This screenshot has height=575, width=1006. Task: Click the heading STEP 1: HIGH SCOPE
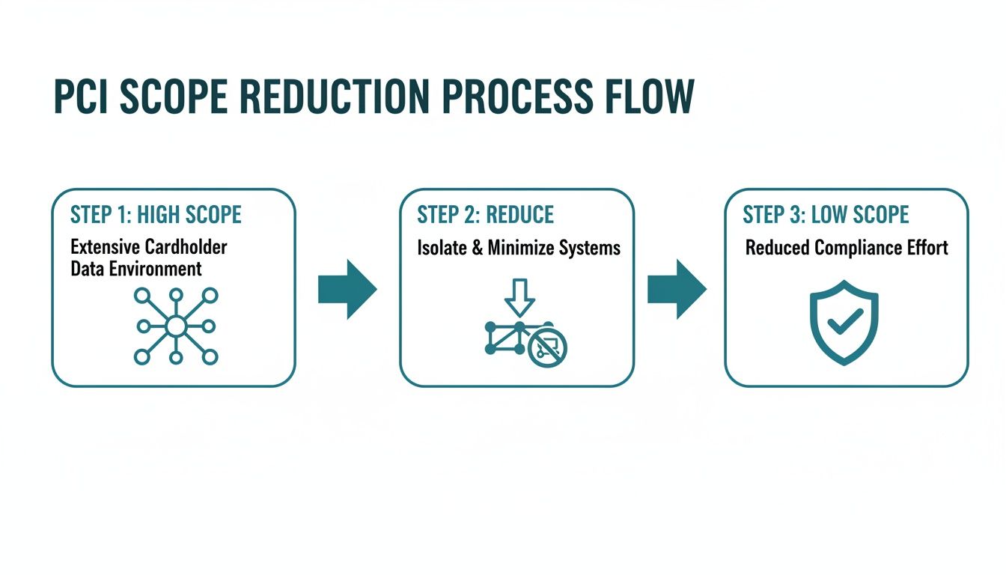(156, 215)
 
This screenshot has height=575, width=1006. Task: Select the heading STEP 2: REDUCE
(485, 215)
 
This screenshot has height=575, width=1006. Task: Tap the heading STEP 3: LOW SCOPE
(826, 215)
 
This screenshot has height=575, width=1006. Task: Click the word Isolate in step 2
(442, 248)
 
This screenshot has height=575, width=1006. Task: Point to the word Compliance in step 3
(861, 248)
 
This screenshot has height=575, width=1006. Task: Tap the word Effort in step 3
(929, 248)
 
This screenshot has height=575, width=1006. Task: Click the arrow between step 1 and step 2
(347, 289)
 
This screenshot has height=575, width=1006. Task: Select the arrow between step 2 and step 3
(676, 289)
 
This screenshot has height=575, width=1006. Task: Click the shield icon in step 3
(844, 323)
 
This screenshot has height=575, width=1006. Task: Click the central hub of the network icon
(175, 326)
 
